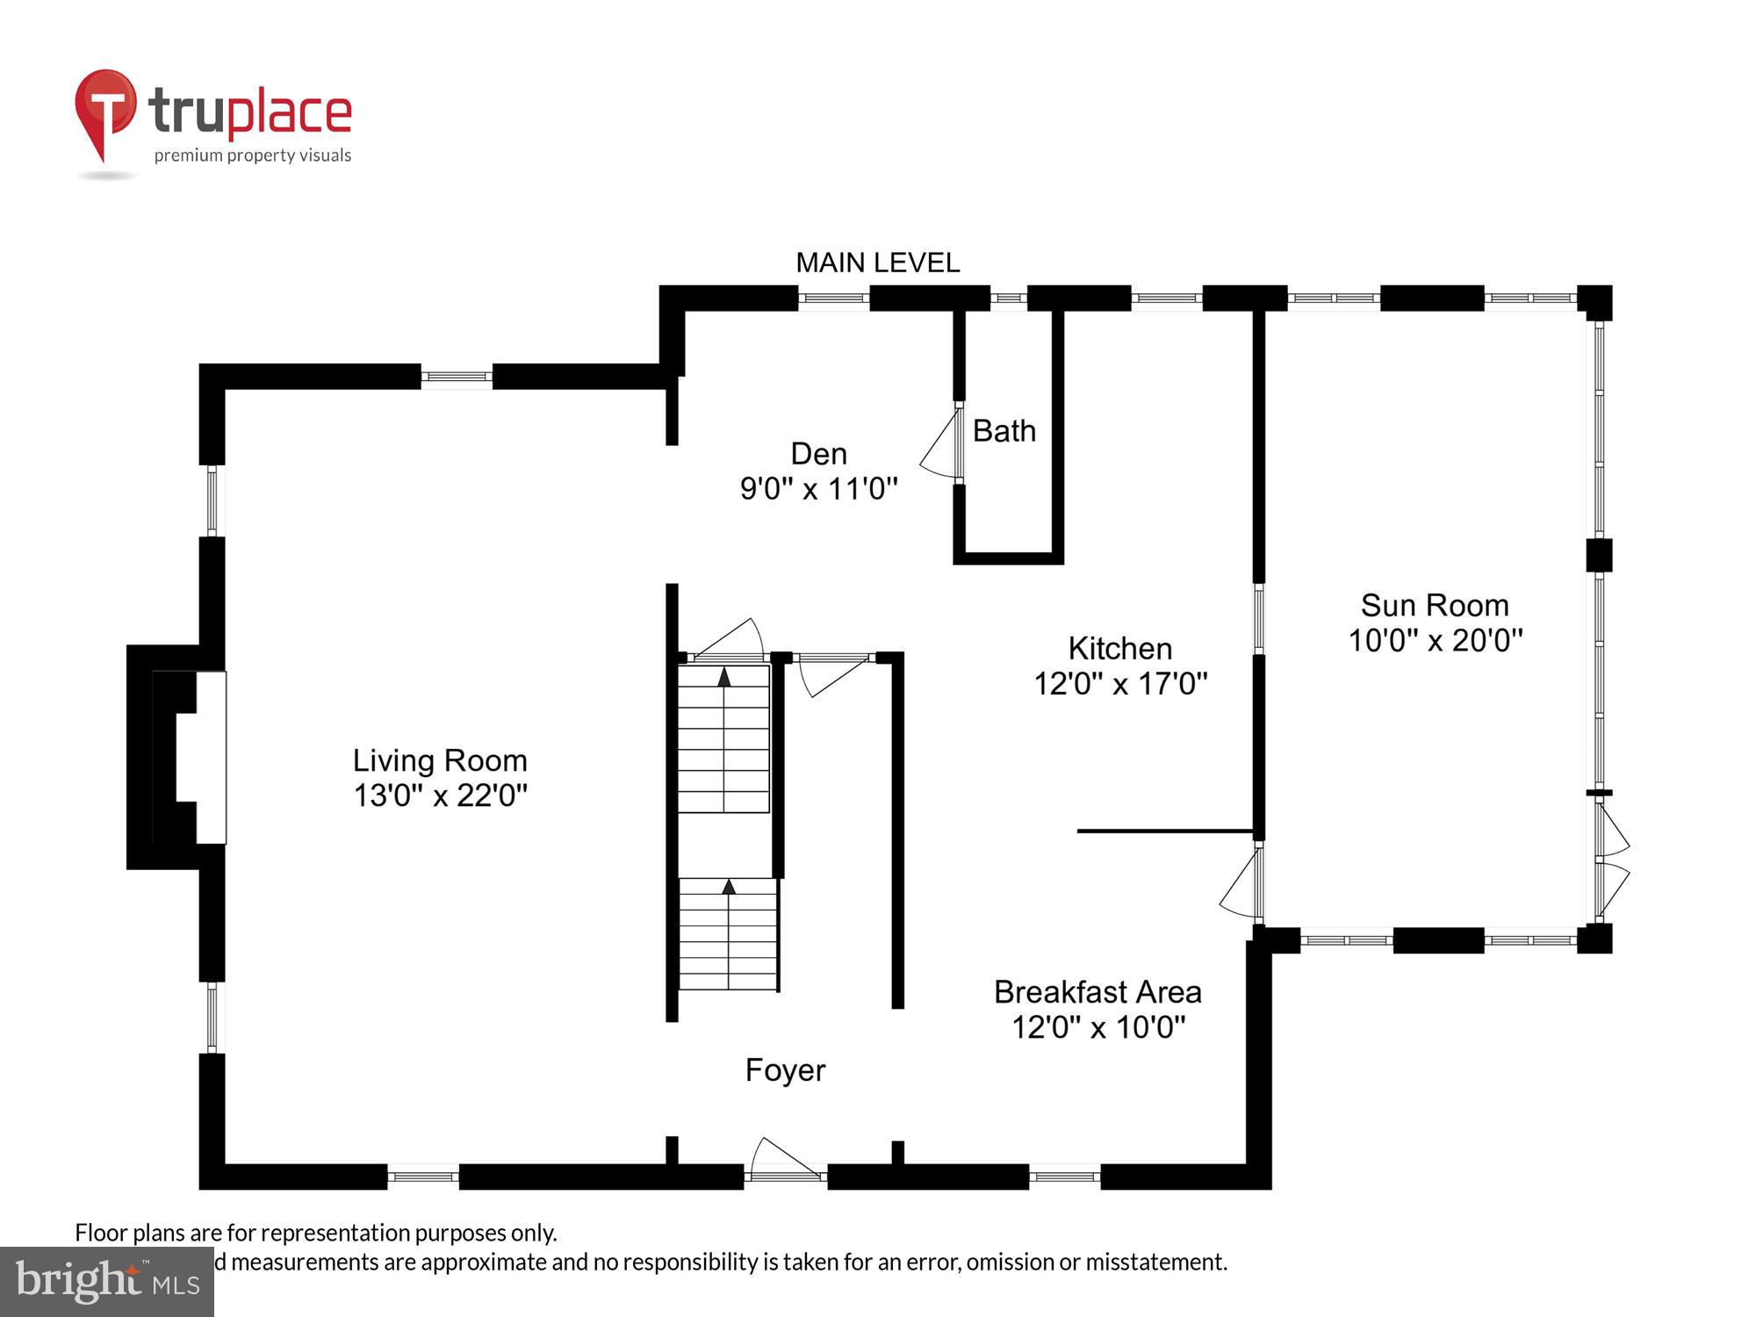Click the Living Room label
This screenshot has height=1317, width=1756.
(440, 760)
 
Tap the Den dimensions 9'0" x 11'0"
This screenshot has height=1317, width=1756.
(818, 489)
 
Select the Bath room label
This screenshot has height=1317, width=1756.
(1004, 431)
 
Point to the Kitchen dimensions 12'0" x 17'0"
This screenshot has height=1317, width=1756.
(1120, 684)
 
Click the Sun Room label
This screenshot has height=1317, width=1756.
(1435, 606)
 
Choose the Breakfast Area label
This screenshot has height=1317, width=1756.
(1097, 992)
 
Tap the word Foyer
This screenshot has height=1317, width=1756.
(785, 1070)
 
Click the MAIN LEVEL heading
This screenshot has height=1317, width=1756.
(877, 263)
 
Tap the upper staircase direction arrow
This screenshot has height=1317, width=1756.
(723, 677)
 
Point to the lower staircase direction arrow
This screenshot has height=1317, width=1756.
(729, 887)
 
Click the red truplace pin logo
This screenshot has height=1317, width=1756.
(106, 111)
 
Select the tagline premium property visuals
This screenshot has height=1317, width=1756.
(253, 156)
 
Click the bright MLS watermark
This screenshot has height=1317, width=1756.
(106, 1282)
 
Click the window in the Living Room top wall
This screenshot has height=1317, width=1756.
(457, 378)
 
